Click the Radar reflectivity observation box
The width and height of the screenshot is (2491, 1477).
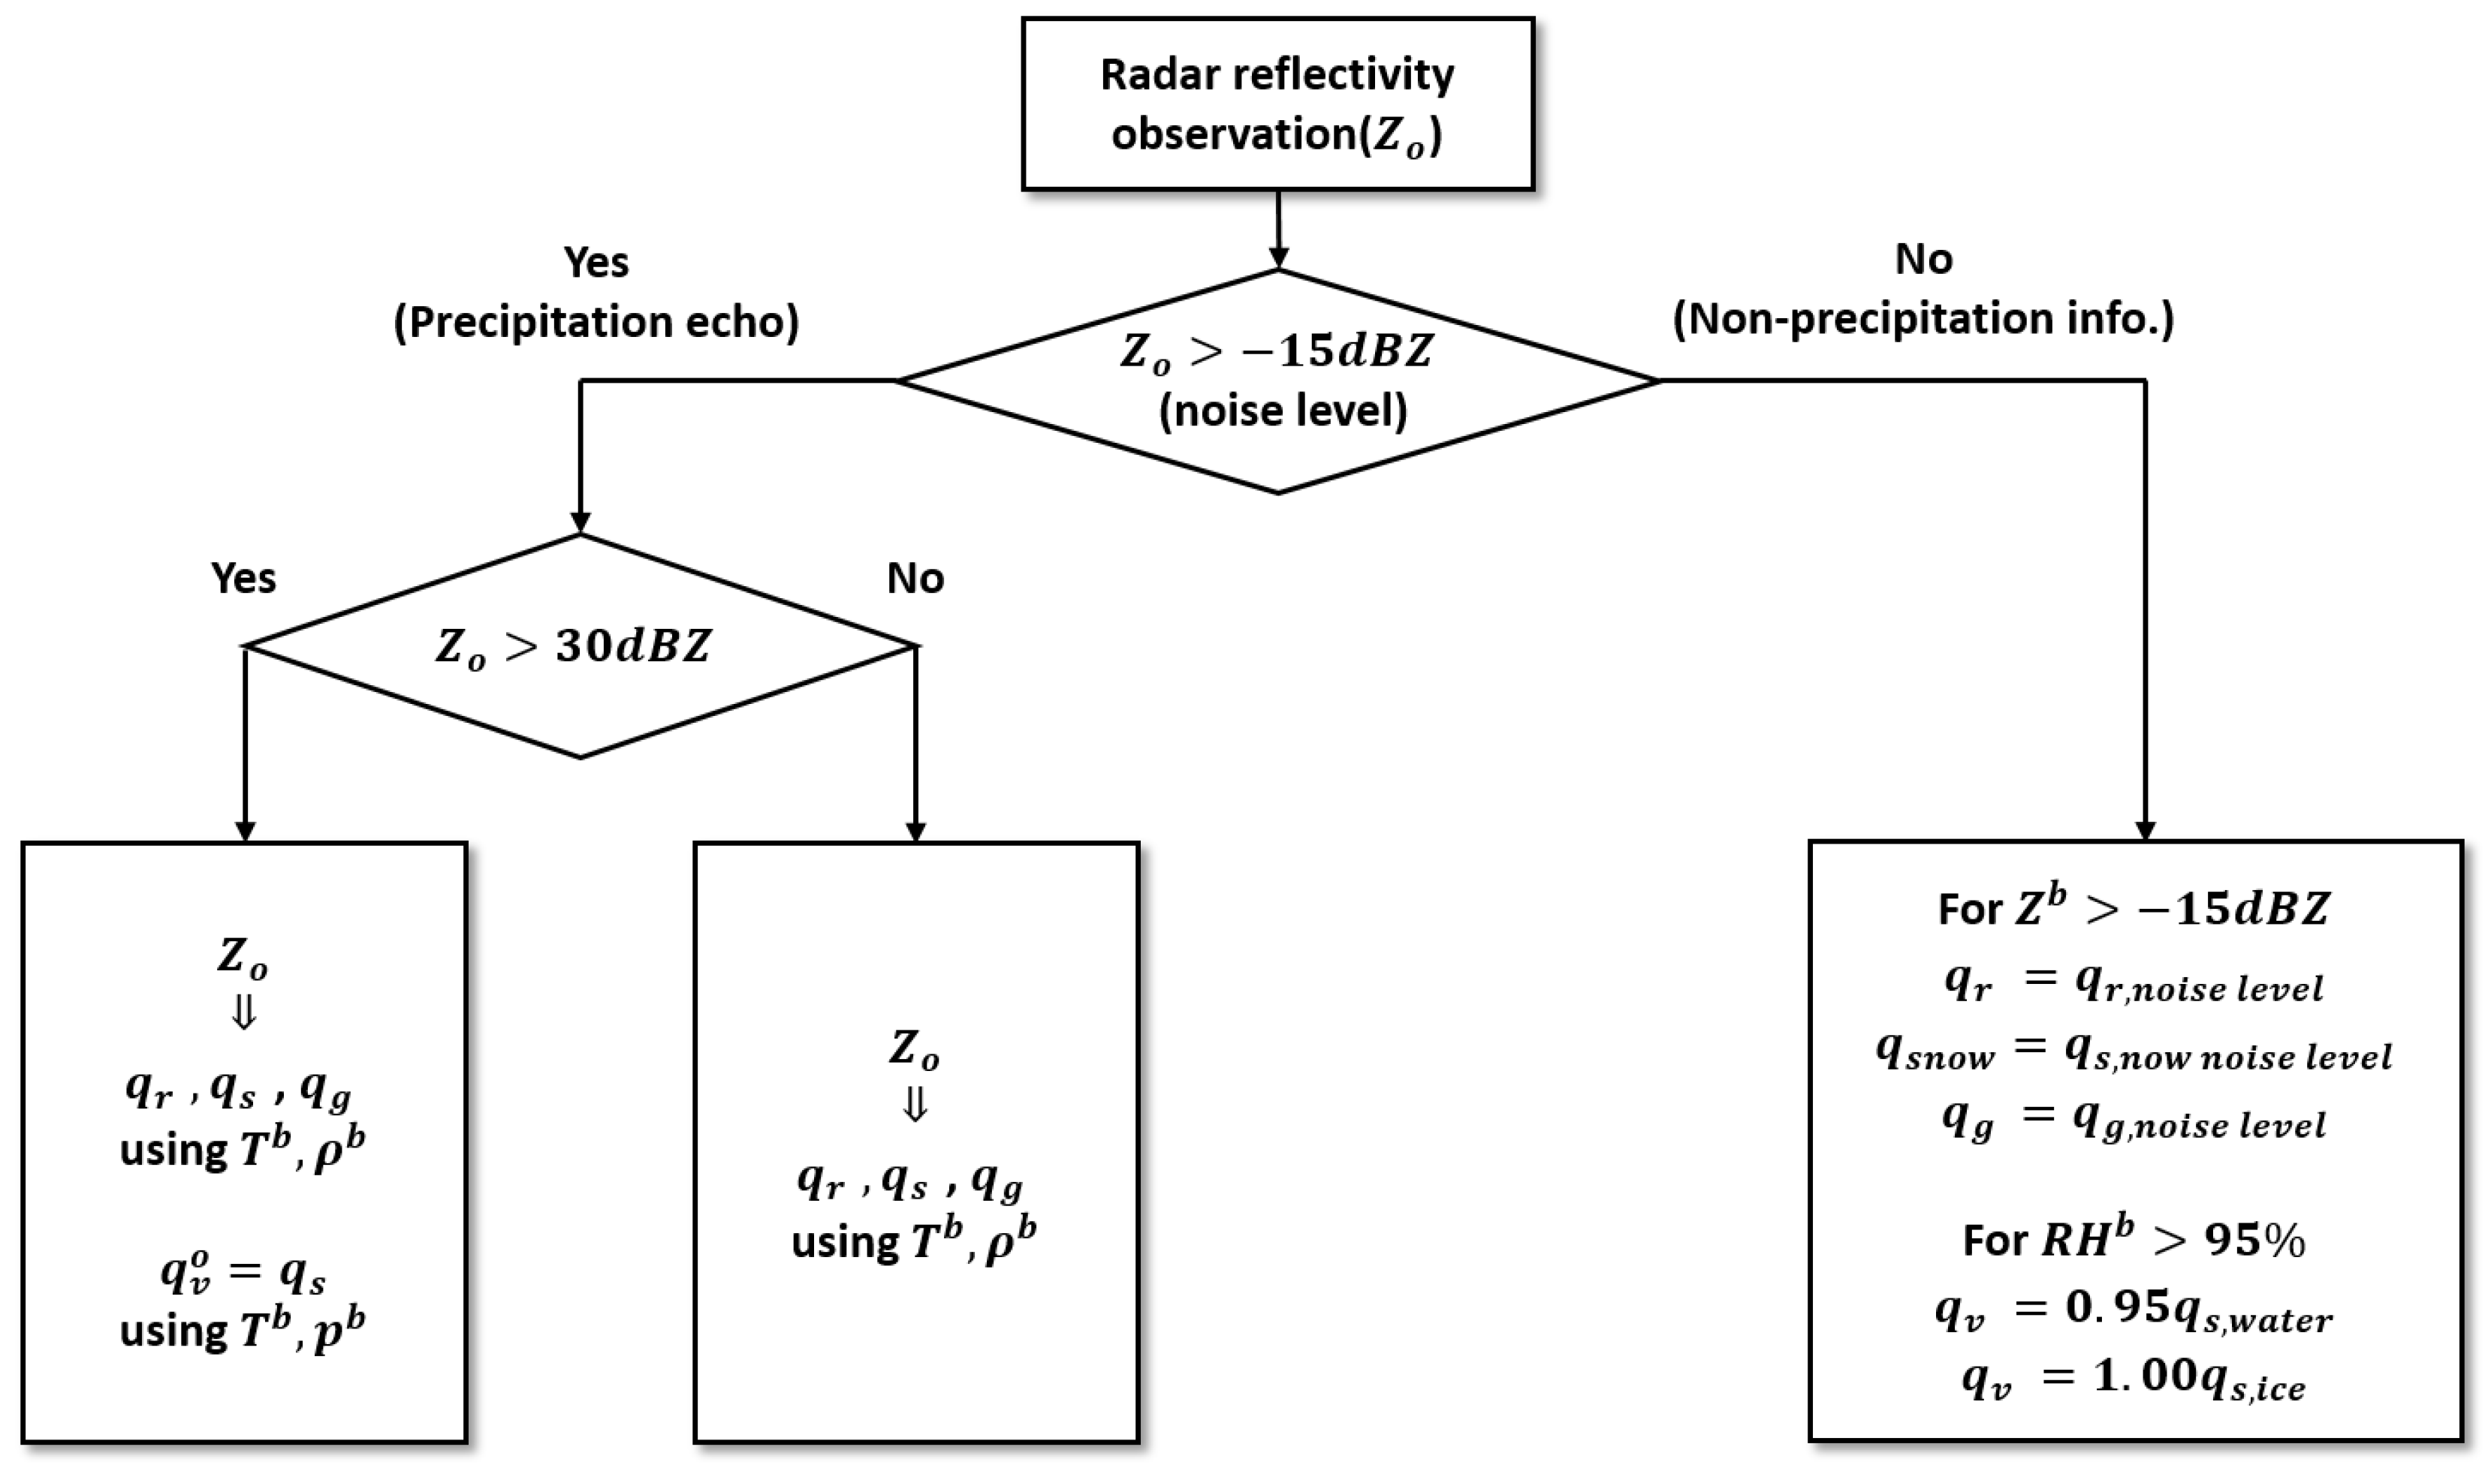coord(1277,104)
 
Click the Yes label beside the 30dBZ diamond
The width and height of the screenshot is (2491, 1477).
coord(243,578)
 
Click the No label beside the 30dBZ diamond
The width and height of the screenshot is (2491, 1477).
coord(915,578)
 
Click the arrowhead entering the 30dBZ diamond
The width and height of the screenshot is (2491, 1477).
coord(580,522)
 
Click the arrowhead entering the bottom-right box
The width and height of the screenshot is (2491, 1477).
coord(2145,829)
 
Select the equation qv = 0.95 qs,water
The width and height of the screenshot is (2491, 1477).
coord(2134,1313)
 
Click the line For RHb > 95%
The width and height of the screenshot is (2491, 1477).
coord(2134,1240)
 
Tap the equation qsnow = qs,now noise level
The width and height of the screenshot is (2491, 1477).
coord(2134,1052)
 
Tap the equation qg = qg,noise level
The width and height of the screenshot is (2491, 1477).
coord(2134,1122)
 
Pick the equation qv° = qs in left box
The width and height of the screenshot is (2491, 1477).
coord(243,1273)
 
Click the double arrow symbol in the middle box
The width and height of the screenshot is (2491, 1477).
coord(914,1105)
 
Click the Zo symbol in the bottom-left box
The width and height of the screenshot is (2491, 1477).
coord(243,958)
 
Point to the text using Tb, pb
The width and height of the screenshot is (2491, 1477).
coord(243,1331)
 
